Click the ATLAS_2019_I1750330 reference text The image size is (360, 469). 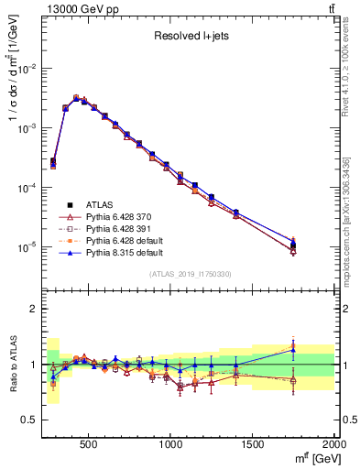pos(190,274)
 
